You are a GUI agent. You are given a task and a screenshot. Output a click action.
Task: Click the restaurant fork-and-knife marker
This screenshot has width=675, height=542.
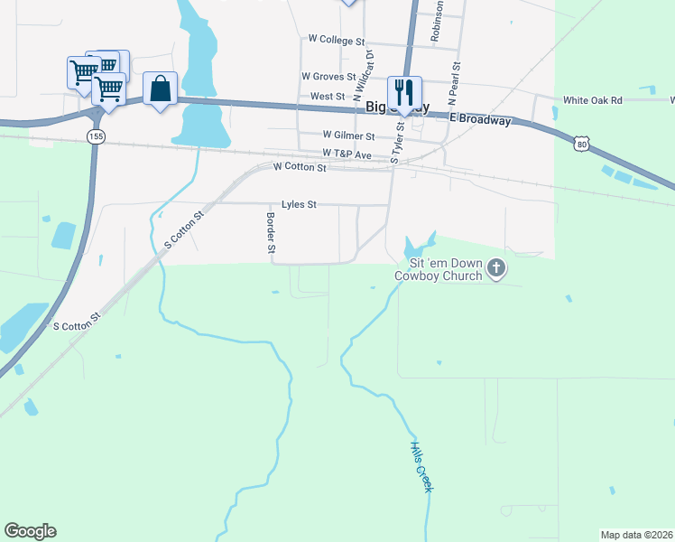pos(403,91)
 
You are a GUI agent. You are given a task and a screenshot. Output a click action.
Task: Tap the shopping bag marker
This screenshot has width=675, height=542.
pos(160,89)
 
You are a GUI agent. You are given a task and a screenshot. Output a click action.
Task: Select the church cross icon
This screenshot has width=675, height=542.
pos(495,267)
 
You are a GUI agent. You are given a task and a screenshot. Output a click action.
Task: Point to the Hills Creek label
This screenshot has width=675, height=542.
pos(421,466)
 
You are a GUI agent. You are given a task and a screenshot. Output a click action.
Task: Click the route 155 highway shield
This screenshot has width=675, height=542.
pos(95,135)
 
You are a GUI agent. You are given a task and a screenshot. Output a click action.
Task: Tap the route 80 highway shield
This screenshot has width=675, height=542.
pos(583,142)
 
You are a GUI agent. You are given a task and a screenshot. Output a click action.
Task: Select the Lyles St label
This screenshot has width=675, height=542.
pos(299,205)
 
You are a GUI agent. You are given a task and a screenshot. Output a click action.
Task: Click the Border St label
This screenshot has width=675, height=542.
pos(269,231)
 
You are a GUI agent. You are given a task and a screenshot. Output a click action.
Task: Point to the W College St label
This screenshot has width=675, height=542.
pos(336,40)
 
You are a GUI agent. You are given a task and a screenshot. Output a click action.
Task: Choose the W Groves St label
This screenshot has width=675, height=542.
pos(330,77)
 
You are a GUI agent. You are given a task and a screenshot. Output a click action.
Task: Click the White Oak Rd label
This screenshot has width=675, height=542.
pos(592,100)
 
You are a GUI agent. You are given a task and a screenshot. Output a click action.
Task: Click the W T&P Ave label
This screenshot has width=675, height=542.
pos(347,154)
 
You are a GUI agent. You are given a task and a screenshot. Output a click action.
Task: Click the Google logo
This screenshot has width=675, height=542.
pos(30,531)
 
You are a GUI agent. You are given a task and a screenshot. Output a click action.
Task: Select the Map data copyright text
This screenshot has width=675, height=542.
pos(635,535)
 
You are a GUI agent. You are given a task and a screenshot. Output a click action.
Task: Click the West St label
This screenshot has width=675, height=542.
pos(328,97)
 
